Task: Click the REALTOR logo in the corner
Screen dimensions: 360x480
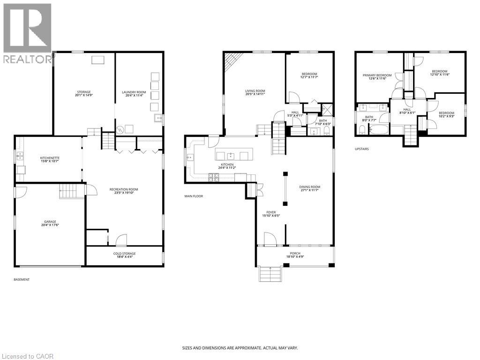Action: click(27, 33)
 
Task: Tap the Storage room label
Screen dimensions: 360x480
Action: click(84, 94)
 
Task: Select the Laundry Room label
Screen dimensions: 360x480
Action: click(135, 94)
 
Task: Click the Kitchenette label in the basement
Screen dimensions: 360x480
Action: click(50, 160)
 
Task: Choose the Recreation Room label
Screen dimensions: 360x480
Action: click(124, 191)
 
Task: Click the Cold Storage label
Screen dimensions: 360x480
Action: click(124, 255)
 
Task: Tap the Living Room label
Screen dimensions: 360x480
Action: click(255, 93)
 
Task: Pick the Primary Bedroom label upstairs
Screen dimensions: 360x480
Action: click(377, 77)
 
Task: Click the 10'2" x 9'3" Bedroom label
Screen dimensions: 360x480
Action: click(446, 114)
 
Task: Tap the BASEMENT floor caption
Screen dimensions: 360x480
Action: click(22, 279)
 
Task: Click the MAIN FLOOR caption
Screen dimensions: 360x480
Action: click(194, 196)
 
